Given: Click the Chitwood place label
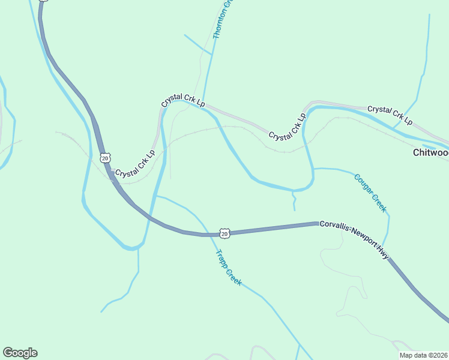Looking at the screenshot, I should click(430, 152).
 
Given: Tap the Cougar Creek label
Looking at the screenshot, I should click(370, 193).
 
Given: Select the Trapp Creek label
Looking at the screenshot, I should click(228, 267).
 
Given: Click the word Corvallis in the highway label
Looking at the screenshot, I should click(334, 226).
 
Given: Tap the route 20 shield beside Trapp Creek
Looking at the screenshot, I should click(224, 232).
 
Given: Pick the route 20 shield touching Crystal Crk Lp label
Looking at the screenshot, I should click(105, 158).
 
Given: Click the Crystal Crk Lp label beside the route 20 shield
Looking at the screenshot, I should click(134, 164).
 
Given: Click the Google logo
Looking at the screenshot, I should click(20, 353).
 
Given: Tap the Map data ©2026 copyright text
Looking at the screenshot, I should click(423, 355).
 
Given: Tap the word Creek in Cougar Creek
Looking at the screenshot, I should click(378, 202).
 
